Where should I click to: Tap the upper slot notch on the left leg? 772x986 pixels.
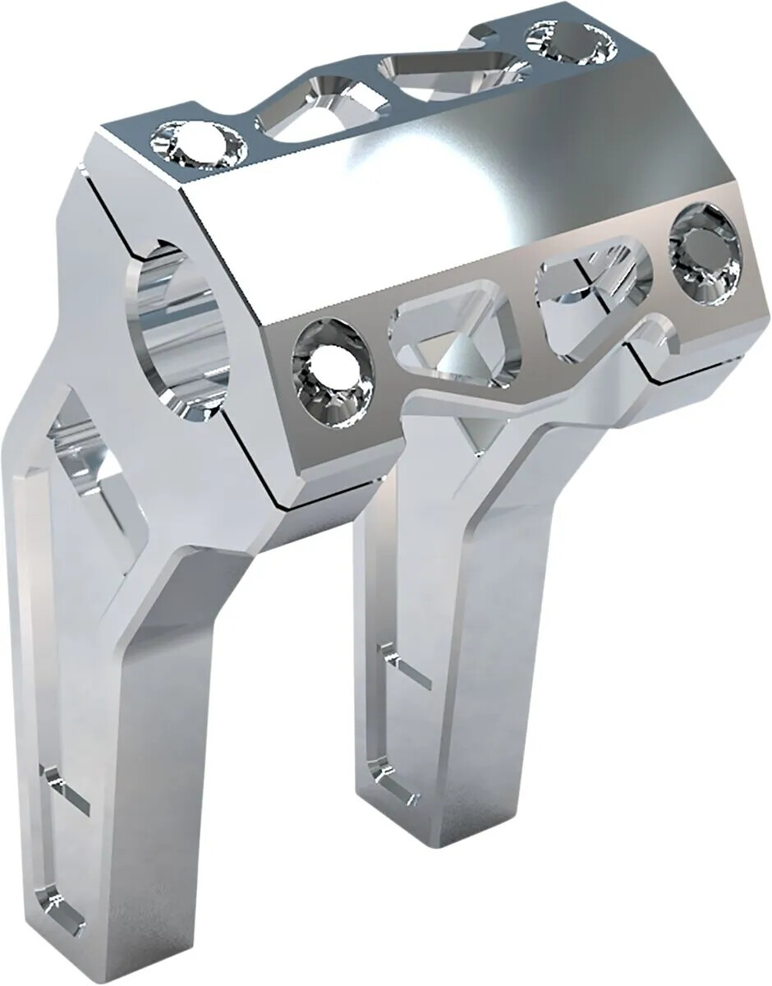62,785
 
